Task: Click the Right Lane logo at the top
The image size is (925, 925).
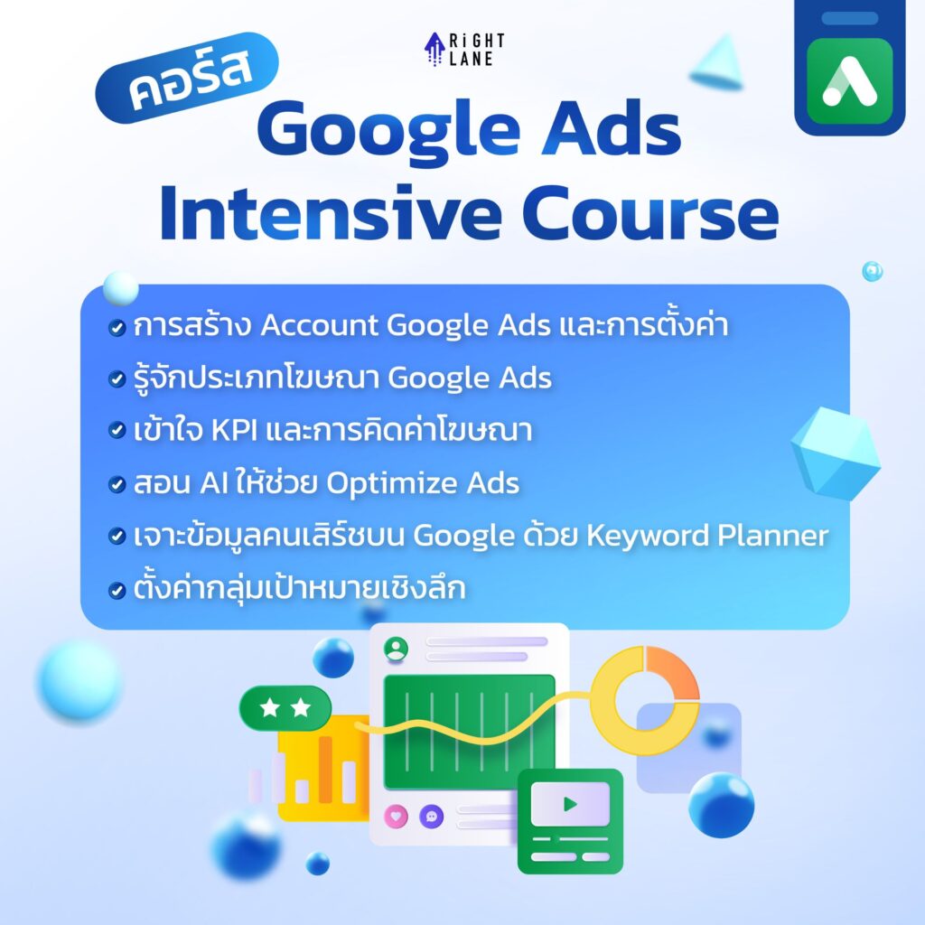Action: pyautogui.click(x=465, y=49)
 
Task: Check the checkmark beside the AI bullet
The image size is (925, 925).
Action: pyautogui.click(x=116, y=485)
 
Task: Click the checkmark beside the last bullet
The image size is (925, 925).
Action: pyautogui.click(x=116, y=591)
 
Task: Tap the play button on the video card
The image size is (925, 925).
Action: pyautogui.click(x=569, y=803)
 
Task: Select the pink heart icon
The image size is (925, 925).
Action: pyautogui.click(x=396, y=816)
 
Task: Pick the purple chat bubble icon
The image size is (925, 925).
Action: pyautogui.click(x=431, y=816)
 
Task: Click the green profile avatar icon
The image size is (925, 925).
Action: pyautogui.click(x=395, y=648)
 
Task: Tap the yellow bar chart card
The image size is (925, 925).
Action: pyautogui.click(x=321, y=772)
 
